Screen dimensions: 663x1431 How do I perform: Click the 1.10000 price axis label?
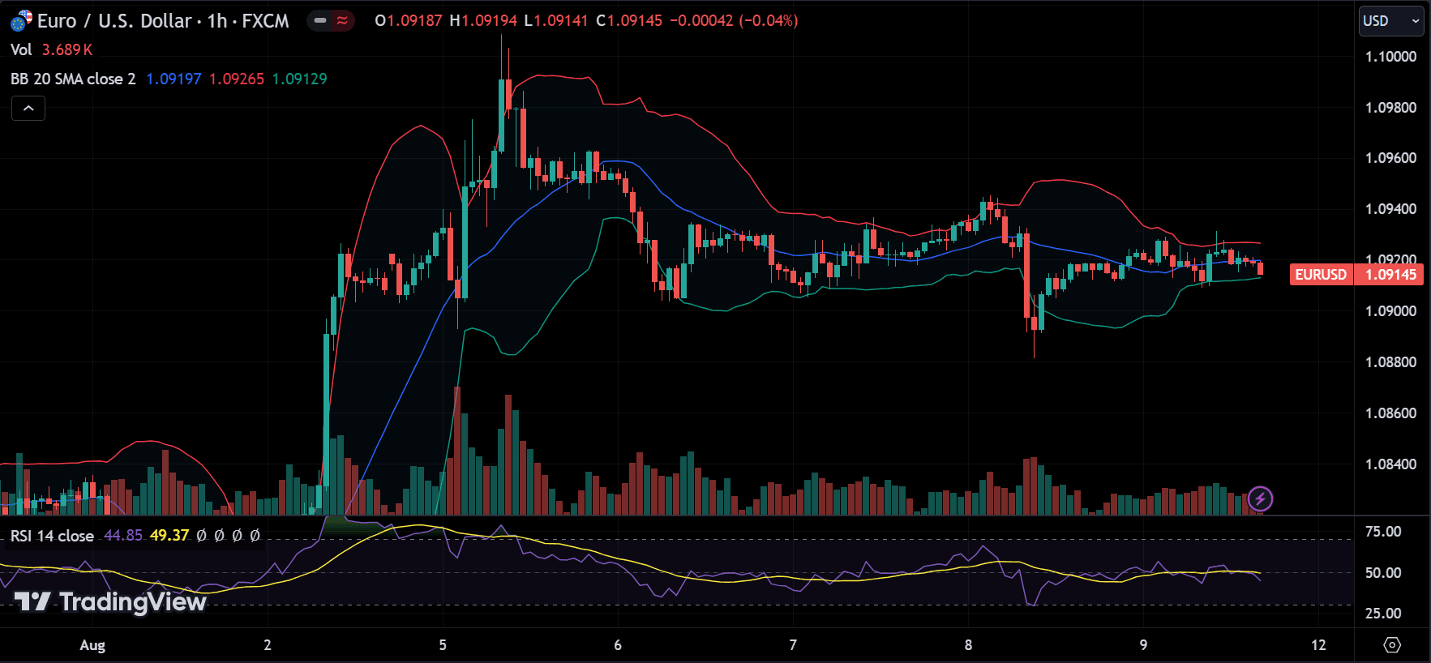pyautogui.click(x=1390, y=57)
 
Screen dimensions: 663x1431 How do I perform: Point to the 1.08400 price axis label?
pyautogui.click(x=1390, y=464)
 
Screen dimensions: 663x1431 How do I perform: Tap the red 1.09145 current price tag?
pyautogui.click(x=1390, y=275)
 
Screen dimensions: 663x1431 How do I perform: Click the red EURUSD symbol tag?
pyautogui.click(x=1321, y=275)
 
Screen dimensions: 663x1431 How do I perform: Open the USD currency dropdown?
pyautogui.click(x=1390, y=21)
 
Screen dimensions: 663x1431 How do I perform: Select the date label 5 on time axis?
pyautogui.click(x=443, y=645)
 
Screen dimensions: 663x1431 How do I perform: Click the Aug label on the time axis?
pyautogui.click(x=92, y=645)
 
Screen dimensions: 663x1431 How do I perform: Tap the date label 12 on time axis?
pyautogui.click(x=1318, y=645)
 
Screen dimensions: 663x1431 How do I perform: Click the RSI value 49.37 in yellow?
pyautogui.click(x=169, y=536)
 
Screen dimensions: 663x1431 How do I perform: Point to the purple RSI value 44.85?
pyautogui.click(x=123, y=536)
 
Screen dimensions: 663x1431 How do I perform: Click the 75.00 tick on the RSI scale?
pyautogui.click(x=1382, y=532)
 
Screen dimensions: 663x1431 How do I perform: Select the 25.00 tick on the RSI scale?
pyautogui.click(x=1382, y=614)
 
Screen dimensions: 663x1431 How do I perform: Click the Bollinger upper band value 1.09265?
pyautogui.click(x=237, y=79)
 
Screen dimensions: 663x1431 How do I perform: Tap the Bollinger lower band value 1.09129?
pyautogui.click(x=299, y=79)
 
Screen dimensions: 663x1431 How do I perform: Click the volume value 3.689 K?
pyautogui.click(x=67, y=49)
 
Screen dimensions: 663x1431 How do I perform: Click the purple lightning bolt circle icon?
pyautogui.click(x=1260, y=498)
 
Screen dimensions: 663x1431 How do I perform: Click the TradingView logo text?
pyautogui.click(x=111, y=602)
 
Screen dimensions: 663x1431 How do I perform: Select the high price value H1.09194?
pyautogui.click(x=483, y=21)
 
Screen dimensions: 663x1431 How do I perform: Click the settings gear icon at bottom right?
pyautogui.click(x=1392, y=645)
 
